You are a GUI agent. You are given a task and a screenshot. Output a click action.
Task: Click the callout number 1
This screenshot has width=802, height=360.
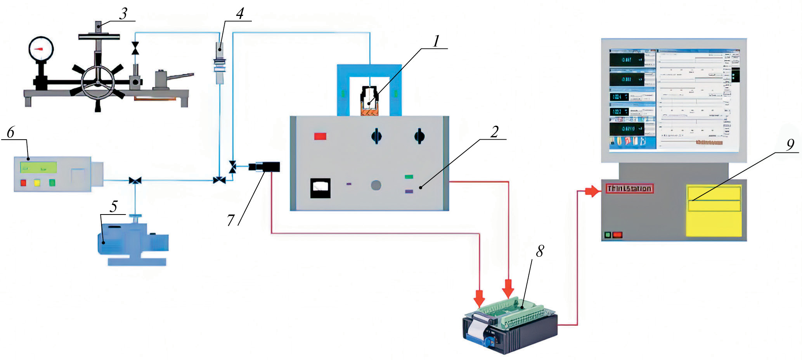(x=437, y=41)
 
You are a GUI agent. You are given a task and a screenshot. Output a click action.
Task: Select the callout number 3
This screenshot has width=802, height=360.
(x=123, y=14)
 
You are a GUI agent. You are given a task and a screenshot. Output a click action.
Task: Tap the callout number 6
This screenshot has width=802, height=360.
(x=10, y=133)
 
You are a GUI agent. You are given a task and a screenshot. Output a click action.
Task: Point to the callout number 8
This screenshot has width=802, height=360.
(x=540, y=251)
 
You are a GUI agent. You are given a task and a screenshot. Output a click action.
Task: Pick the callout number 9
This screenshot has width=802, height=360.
(x=790, y=145)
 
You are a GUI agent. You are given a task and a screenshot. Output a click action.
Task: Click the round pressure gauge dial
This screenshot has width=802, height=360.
(x=41, y=49)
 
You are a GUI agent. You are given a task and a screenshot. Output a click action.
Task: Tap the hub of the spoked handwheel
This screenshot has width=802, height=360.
(x=97, y=81)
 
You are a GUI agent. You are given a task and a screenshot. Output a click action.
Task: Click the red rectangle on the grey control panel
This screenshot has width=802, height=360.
(x=320, y=136)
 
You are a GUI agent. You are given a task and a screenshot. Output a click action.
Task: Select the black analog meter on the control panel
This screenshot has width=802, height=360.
(x=320, y=188)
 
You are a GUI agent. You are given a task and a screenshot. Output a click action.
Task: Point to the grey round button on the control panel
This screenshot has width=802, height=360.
(x=376, y=185)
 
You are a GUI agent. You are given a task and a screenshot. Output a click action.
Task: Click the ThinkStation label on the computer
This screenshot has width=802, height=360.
(x=629, y=189)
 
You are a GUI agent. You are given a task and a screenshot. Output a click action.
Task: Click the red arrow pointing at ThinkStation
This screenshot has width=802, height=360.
(x=592, y=191)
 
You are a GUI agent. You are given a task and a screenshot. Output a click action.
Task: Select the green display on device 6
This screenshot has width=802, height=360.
(x=38, y=168)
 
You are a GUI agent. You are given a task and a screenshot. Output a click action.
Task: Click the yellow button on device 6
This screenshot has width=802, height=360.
(x=37, y=183)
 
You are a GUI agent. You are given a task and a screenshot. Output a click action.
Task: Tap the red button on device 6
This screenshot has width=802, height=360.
(x=23, y=183)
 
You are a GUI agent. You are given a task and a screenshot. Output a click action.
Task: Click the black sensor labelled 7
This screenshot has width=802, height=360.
(x=265, y=167)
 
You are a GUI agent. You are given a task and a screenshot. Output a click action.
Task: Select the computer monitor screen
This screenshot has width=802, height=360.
(x=674, y=100)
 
